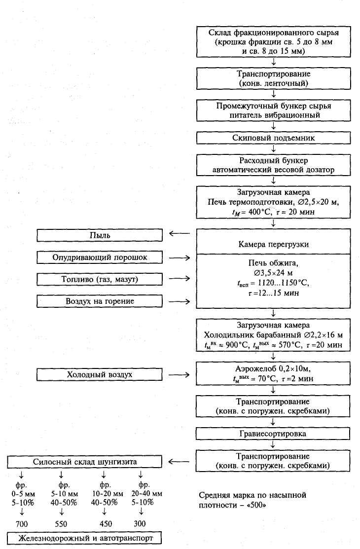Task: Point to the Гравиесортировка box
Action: [274, 434]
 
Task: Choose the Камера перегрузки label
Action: [274, 245]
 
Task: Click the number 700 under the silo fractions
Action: [21, 523]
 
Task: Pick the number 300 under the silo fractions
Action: [141, 523]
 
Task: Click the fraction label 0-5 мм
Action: [22, 493]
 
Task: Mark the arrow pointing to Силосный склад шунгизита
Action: [179, 462]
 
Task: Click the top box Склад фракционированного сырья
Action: [274, 41]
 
